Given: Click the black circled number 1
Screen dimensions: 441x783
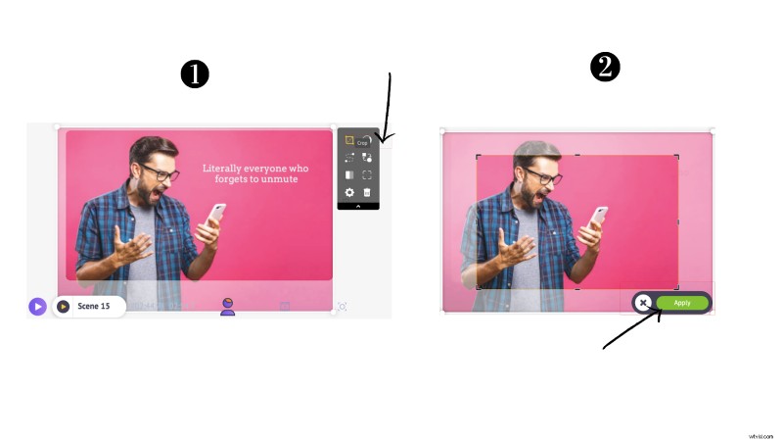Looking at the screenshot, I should (195, 74).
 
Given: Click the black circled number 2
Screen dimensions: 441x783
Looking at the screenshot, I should (607, 68).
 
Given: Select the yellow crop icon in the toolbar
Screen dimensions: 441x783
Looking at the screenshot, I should (349, 140).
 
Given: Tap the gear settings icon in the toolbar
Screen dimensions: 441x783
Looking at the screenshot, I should (349, 192).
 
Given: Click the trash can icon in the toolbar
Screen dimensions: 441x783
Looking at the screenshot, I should (367, 192).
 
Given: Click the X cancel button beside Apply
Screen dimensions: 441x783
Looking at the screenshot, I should (643, 303).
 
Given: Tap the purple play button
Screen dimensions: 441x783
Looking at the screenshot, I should (37, 307).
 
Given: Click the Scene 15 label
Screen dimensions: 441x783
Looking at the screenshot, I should (95, 307).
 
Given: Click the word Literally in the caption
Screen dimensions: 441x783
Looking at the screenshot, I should (226, 168).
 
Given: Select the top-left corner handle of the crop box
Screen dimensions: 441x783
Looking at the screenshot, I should (478, 156).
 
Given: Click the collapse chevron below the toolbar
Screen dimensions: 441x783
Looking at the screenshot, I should (358, 206).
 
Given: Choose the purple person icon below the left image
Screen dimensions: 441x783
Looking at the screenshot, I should (227, 307).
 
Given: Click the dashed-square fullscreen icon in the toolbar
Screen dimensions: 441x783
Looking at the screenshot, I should (367, 175).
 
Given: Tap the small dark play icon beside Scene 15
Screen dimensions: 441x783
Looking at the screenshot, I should (63, 307).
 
